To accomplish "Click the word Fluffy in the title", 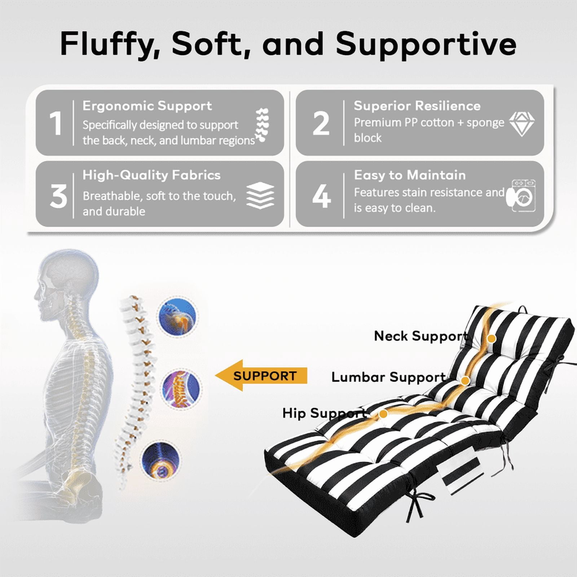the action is click(110, 44).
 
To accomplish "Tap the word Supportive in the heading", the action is click(426, 44).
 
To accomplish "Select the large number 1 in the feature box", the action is click(56, 123).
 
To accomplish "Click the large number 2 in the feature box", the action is click(321, 123).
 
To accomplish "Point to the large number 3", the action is click(58, 196).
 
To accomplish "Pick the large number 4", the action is click(321, 196).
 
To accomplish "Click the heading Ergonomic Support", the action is click(147, 106).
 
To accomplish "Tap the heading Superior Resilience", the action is click(417, 106).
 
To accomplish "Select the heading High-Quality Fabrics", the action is click(151, 175).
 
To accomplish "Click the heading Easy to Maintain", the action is click(410, 175).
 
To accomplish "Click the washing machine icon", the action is click(521, 196).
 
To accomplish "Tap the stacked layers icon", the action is click(260, 195).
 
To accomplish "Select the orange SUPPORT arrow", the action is click(261, 375).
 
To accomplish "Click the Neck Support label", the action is click(421, 336).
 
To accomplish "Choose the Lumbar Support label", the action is click(388, 377).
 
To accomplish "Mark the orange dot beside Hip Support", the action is click(383, 414).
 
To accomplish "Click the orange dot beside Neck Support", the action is click(491, 339).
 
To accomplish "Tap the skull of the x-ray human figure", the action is click(69, 276).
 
